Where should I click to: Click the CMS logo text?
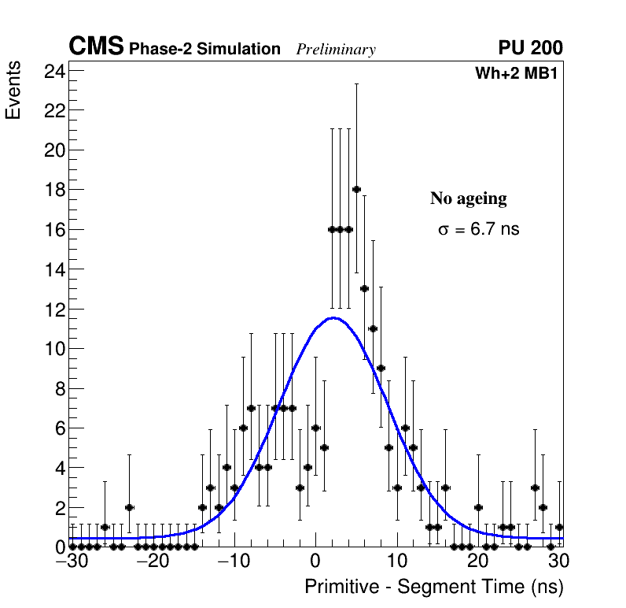point(96,47)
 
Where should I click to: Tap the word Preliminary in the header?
point(336,50)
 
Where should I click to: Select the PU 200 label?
point(530,48)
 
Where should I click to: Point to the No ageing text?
point(468,198)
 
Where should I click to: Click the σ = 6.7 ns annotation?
point(478,230)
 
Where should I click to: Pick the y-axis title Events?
point(13,92)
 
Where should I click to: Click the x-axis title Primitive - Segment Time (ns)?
point(433,587)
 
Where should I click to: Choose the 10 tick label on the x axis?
point(397,562)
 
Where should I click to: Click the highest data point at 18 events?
point(356,189)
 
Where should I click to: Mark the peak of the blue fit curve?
point(333,318)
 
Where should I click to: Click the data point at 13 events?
point(364,288)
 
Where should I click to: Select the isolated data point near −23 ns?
point(129,507)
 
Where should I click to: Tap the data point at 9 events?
point(381,368)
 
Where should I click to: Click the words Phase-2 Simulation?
point(204,50)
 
